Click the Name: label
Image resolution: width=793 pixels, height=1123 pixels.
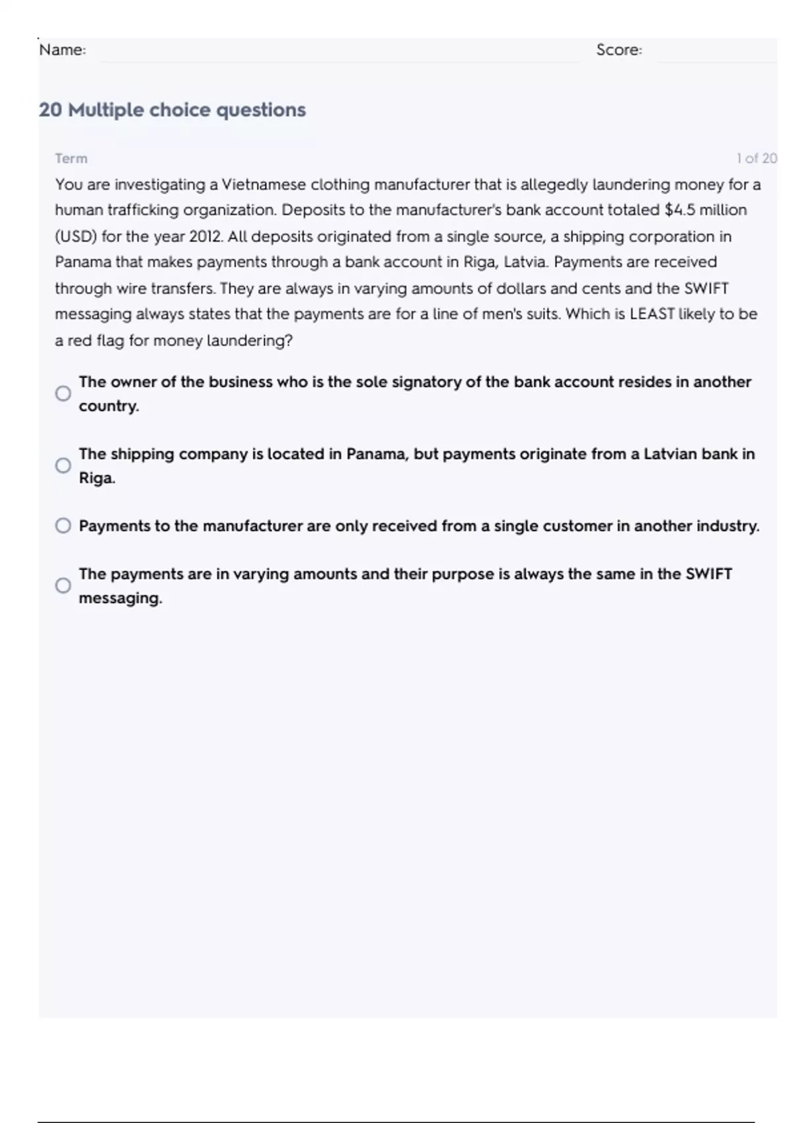(x=62, y=50)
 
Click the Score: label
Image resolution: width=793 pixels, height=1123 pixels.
(x=619, y=50)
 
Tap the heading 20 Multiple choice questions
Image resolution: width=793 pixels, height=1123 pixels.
(x=172, y=110)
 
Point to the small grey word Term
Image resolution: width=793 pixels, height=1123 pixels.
(x=71, y=159)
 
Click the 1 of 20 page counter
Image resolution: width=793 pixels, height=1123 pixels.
(x=756, y=159)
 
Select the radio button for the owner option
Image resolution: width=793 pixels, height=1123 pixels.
(x=63, y=394)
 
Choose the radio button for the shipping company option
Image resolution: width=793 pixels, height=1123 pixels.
(x=63, y=466)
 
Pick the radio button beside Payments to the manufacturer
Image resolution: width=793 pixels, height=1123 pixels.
(x=63, y=526)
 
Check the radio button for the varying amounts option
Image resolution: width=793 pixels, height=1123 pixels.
(x=63, y=586)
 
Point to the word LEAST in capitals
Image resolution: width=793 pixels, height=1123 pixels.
(x=652, y=314)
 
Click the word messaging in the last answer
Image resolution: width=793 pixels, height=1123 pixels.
(x=120, y=598)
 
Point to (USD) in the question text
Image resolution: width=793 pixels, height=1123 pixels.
(x=75, y=236)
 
